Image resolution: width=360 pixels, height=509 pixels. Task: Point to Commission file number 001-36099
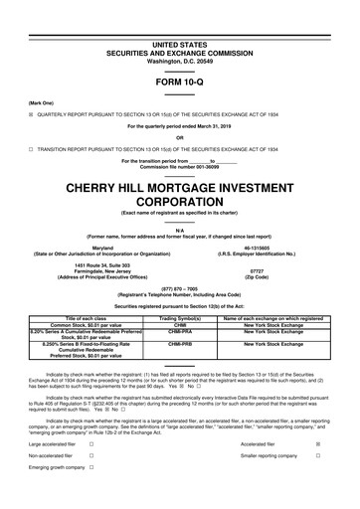tap(179, 164)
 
